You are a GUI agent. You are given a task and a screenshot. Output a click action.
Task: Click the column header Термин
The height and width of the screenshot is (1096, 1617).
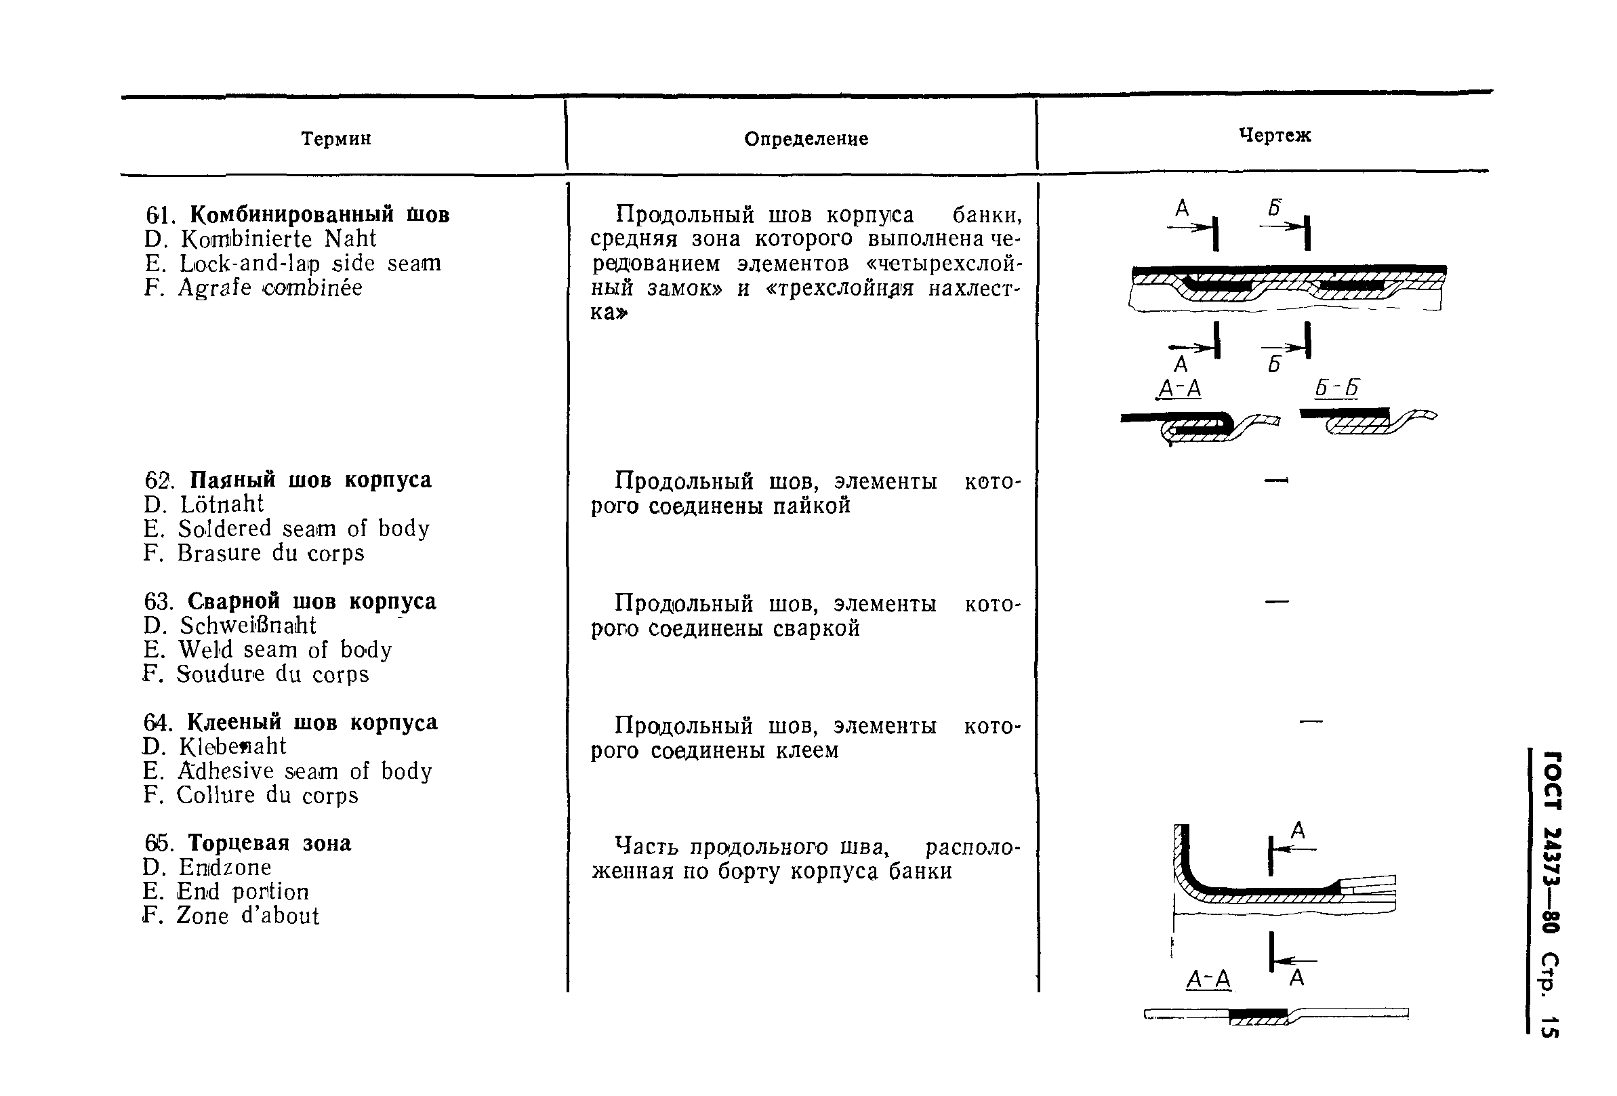click(x=336, y=139)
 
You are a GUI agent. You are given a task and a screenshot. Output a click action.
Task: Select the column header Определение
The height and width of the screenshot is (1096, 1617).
click(x=806, y=139)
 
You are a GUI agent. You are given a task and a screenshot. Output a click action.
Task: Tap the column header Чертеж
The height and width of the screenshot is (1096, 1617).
click(x=1275, y=135)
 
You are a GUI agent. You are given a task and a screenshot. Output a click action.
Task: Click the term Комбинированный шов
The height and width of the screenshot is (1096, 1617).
click(x=319, y=214)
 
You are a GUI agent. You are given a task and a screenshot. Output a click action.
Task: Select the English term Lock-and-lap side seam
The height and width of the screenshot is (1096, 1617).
click(x=310, y=263)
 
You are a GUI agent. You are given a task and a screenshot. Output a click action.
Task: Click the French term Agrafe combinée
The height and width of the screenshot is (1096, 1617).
click(x=270, y=287)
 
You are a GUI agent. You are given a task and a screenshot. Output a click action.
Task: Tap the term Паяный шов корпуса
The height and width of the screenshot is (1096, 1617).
click(x=310, y=479)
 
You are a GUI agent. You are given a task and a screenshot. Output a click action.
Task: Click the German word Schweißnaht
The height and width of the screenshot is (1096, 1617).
click(x=247, y=625)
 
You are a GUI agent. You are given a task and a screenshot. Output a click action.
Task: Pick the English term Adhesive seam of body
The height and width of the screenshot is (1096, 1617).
click(x=305, y=771)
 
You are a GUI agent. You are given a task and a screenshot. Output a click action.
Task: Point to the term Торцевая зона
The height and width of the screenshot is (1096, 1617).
click(x=269, y=843)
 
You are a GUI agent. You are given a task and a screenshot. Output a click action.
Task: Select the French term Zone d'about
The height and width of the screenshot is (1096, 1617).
click(x=247, y=915)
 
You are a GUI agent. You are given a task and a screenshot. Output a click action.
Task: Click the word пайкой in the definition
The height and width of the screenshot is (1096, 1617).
click(x=811, y=506)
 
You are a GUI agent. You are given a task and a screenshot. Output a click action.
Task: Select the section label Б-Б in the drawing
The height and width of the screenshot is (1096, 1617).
click(x=1336, y=388)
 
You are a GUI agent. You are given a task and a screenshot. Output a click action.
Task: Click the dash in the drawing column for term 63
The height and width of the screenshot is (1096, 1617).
click(x=1276, y=601)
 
